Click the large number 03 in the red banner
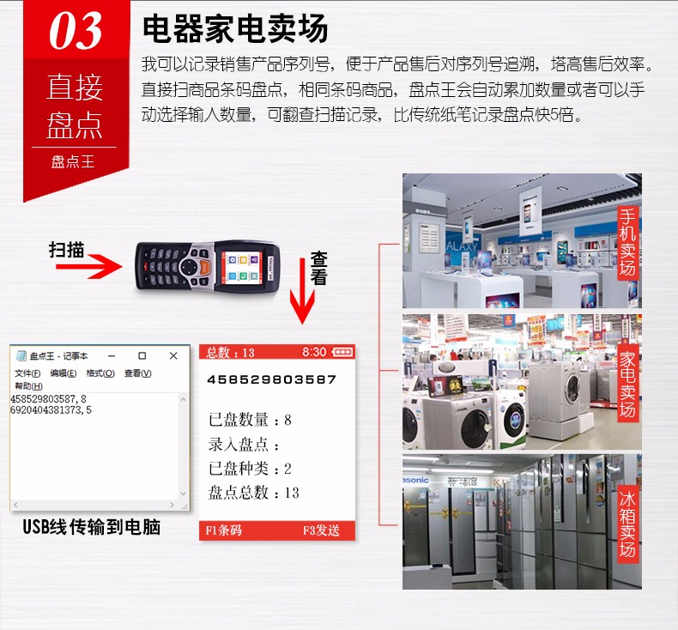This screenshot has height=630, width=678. click(75, 32)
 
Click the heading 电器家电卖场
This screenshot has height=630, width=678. click(234, 29)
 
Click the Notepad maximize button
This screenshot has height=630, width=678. click(142, 355)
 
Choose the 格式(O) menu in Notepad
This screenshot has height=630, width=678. click(100, 373)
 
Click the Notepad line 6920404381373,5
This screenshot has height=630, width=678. click(51, 410)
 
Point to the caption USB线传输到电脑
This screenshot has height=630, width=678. click(92, 527)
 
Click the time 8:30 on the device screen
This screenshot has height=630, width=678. click(314, 353)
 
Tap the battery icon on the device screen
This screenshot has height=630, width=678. click(342, 353)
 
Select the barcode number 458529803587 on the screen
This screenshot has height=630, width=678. click(273, 379)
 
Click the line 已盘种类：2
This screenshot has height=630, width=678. click(251, 469)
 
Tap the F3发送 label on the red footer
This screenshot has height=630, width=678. click(321, 530)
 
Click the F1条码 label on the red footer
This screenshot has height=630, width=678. click(224, 530)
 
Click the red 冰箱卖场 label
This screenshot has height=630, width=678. click(628, 524)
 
